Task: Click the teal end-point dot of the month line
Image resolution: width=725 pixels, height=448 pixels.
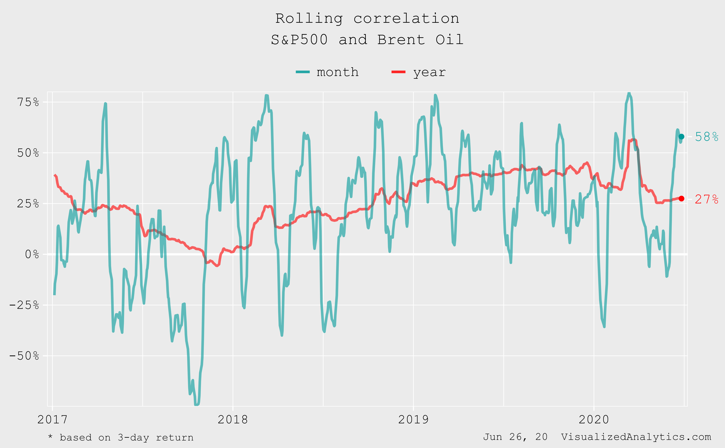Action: point(681,137)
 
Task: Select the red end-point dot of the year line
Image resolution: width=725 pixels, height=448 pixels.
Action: point(681,198)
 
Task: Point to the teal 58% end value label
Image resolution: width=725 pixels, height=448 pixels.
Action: point(707,137)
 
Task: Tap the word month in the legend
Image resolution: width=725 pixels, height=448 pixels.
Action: point(337,72)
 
